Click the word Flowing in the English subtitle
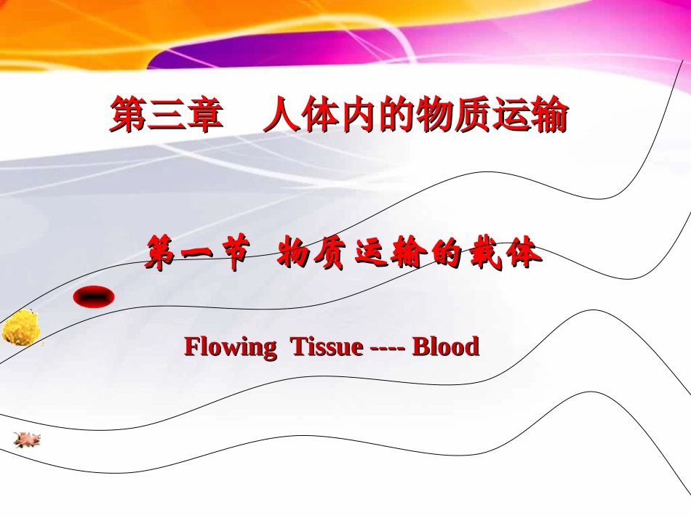coord(230,347)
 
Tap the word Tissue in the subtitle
coord(326,347)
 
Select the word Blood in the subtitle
coord(445,347)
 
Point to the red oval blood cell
coord(93,296)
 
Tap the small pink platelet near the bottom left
coord(27,439)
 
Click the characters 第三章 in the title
coord(166,117)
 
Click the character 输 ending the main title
coord(548,117)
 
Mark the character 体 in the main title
coord(319,117)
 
